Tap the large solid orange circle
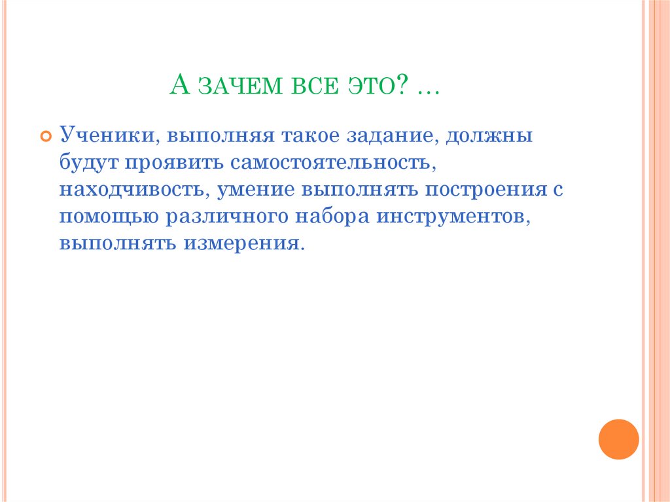click(x=618, y=439)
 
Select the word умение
click(x=256, y=190)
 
